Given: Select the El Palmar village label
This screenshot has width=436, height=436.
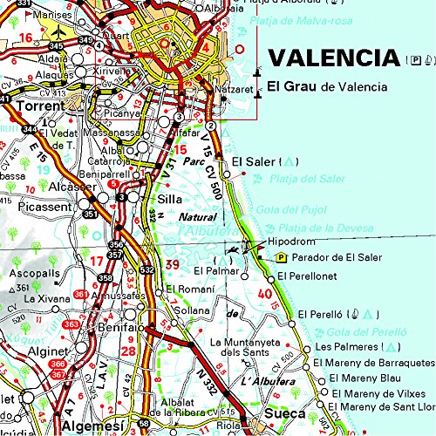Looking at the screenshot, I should click(x=209, y=271).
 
